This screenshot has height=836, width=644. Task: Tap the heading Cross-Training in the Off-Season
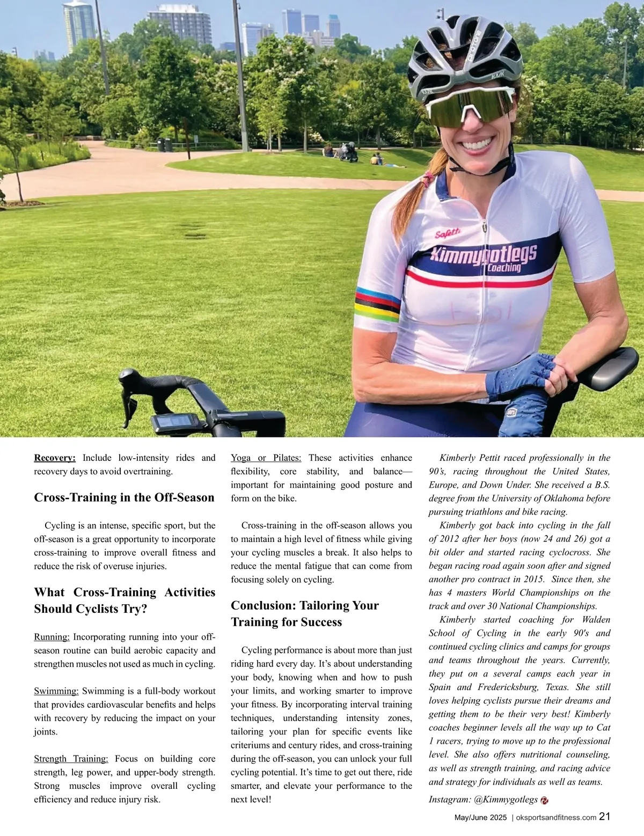click(124, 497)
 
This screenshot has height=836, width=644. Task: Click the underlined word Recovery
click(55, 458)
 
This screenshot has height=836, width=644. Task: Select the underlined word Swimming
click(56, 691)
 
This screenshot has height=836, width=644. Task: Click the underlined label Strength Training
click(71, 759)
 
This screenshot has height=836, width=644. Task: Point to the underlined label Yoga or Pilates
click(266, 458)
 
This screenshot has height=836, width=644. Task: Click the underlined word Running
click(52, 637)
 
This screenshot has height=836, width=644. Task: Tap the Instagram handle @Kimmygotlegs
click(506, 800)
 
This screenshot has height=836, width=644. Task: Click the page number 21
click(605, 817)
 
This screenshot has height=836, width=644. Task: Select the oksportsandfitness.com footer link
click(555, 818)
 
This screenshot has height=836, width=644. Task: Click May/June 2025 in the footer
click(480, 818)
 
